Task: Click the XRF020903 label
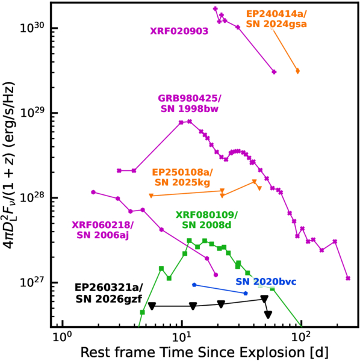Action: click(x=179, y=31)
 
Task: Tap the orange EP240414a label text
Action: click(x=276, y=14)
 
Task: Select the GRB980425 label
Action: click(x=189, y=98)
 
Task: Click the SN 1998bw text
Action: click(x=189, y=109)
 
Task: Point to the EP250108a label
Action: click(x=182, y=172)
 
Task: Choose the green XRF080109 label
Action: click(x=206, y=215)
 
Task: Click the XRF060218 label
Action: click(x=102, y=225)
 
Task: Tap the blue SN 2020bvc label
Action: click(x=266, y=282)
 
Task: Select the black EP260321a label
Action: click(x=109, y=288)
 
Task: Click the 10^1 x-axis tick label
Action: click(x=182, y=337)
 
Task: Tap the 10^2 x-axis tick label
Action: click(x=301, y=337)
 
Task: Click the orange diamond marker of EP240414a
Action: click(x=297, y=71)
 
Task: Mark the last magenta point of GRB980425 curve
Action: click(x=348, y=279)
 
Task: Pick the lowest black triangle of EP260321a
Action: click(x=268, y=315)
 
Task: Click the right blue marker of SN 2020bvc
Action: click(x=246, y=294)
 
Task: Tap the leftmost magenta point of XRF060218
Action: click(x=93, y=193)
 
